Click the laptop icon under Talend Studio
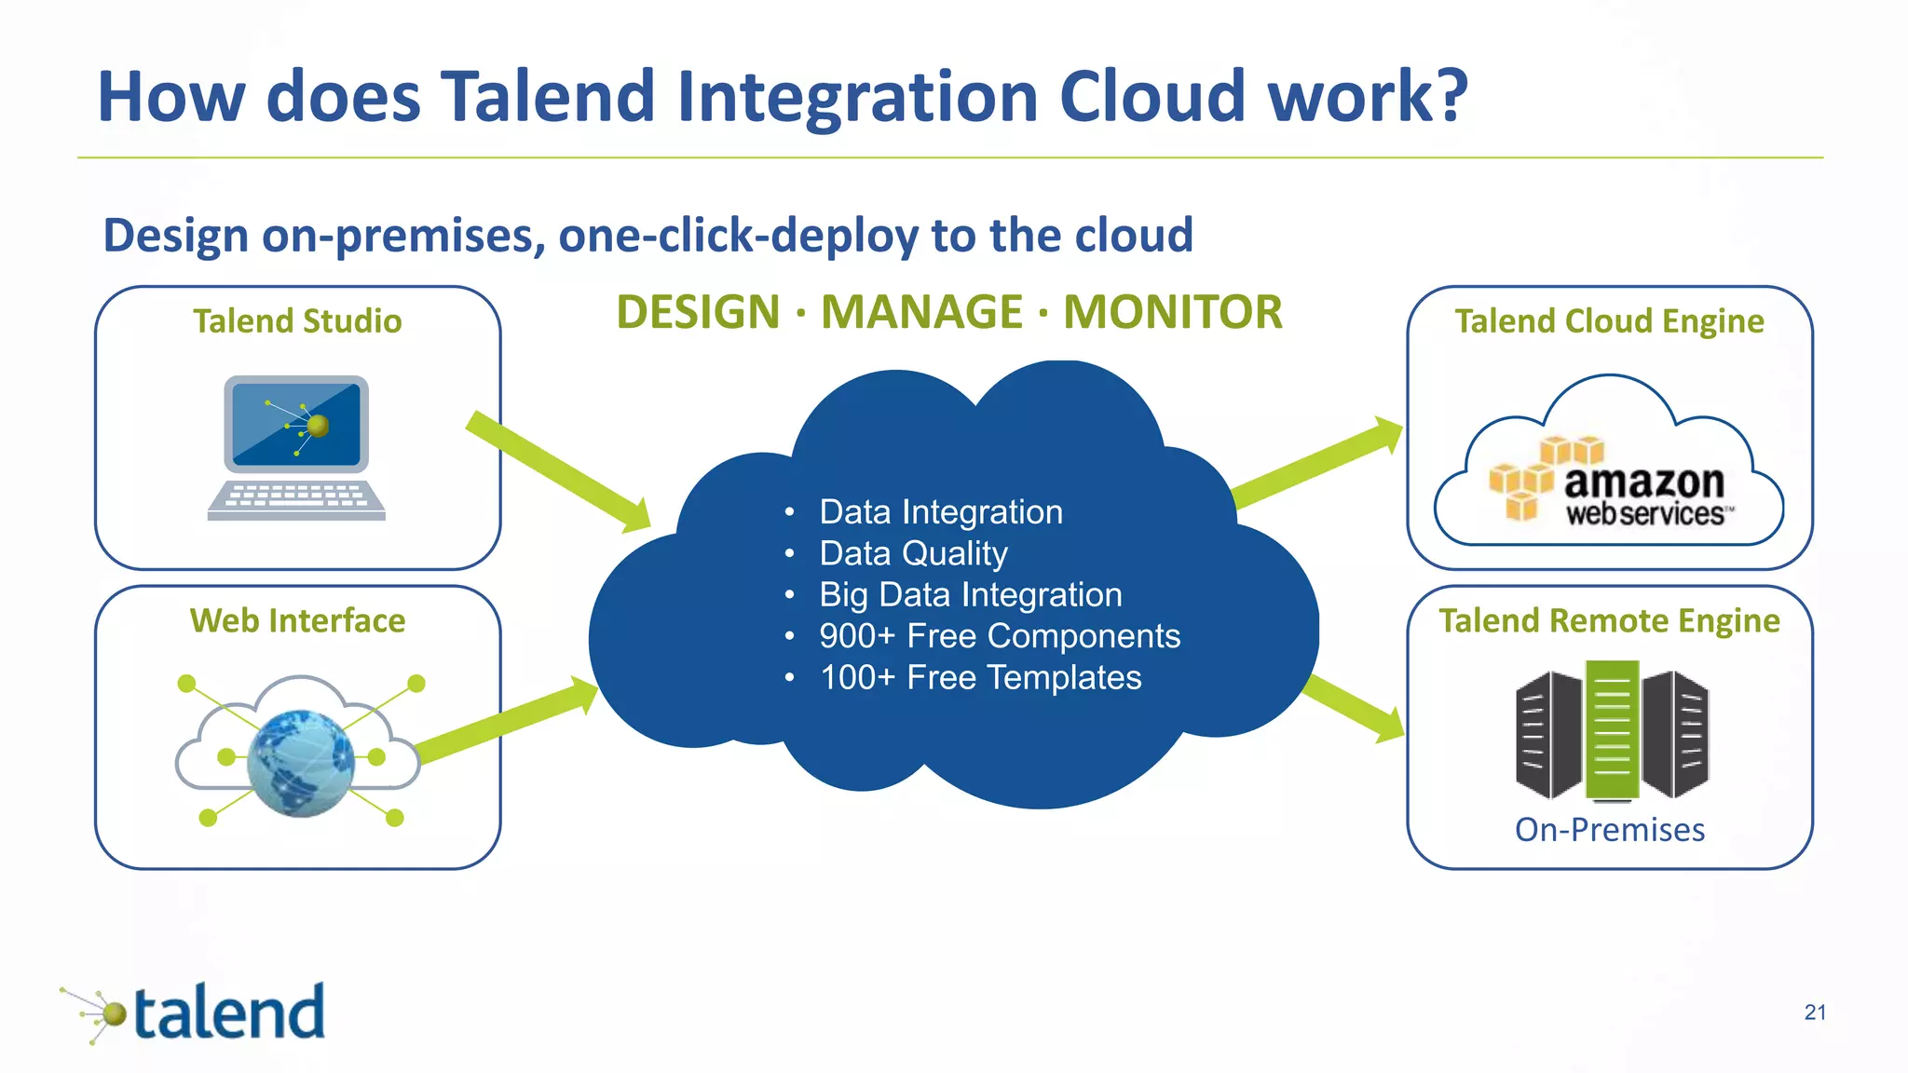(296, 447)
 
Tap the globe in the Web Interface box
(300, 763)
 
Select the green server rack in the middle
(1612, 729)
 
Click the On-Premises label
(1609, 829)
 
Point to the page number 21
(1814, 1012)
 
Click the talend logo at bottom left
(196, 1012)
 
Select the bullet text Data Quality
(913, 553)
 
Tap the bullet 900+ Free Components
(999, 636)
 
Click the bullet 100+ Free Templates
(980, 677)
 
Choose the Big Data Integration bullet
(970, 594)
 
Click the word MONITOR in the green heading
(1172, 312)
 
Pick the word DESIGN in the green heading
(698, 312)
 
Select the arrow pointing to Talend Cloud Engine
(1318, 461)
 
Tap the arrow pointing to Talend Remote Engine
(1356, 708)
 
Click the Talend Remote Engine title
(1609, 620)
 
